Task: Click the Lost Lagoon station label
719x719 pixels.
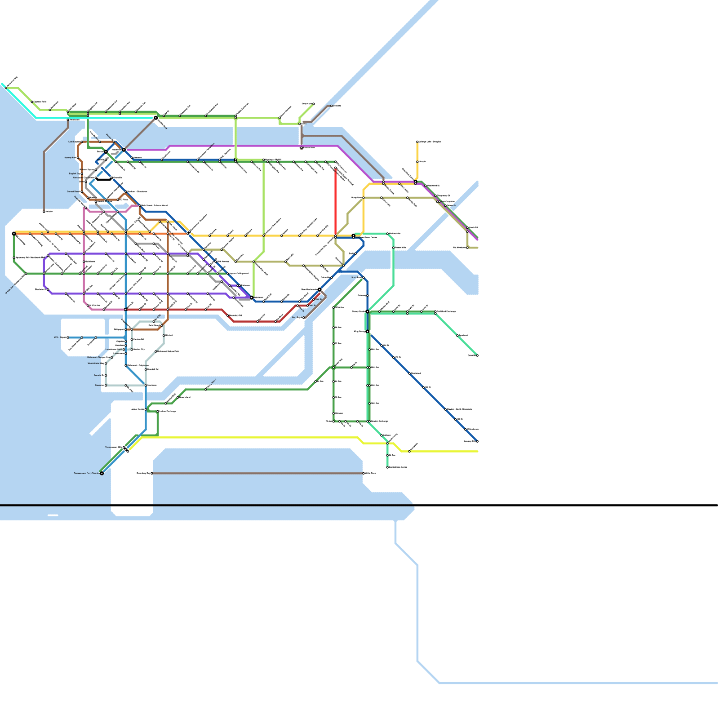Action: pos(74,142)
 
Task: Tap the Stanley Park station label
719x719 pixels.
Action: pos(71,158)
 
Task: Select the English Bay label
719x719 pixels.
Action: pos(74,173)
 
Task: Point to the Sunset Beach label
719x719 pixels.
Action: pos(74,191)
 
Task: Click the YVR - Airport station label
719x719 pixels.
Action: pos(60,337)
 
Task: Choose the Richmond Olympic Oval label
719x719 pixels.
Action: pos(98,357)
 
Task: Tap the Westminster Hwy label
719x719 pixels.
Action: pos(96,363)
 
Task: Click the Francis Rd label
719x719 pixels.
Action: pos(99,375)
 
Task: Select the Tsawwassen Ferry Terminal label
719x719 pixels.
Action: pos(87,473)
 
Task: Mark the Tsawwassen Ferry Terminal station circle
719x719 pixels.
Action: pos(102,473)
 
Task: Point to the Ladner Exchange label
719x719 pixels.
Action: pos(168,411)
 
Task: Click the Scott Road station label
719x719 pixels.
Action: pos(356,277)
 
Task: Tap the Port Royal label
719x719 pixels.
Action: pos(297,317)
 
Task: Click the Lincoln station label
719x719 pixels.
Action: pos(422,161)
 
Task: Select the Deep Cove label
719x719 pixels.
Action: pos(306,104)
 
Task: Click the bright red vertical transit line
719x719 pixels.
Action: pos(335,202)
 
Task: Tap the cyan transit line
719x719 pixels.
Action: pos(90,118)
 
